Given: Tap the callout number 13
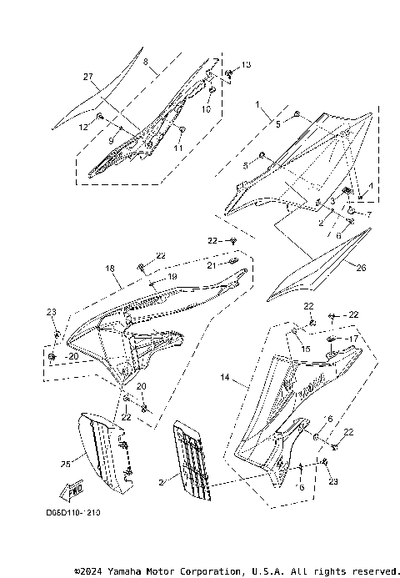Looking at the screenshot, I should [246, 65].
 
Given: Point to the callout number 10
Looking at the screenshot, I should [207, 108].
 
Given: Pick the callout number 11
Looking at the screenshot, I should [177, 147].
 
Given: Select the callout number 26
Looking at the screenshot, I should [360, 269].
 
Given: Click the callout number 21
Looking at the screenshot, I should [212, 264].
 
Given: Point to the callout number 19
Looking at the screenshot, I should [173, 276].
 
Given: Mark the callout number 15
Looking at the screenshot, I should [306, 348].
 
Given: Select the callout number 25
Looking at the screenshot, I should [66, 463].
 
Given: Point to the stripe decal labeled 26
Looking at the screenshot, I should [317, 271].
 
